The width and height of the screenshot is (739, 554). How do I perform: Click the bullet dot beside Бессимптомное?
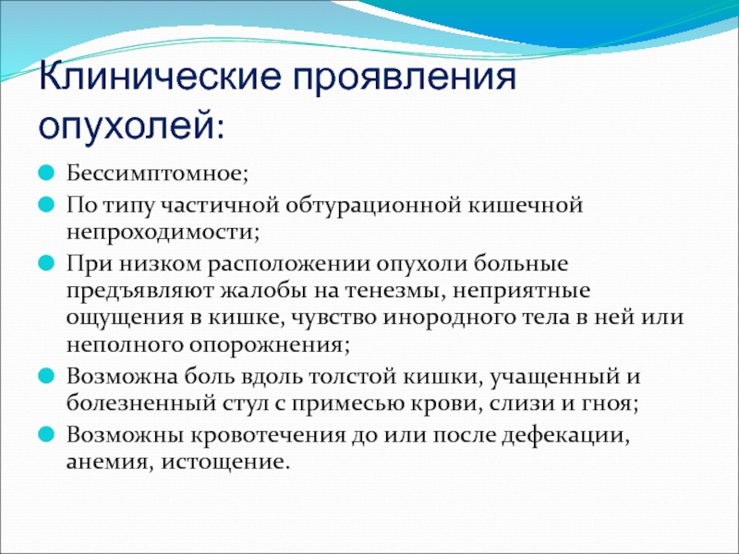[x=46, y=173]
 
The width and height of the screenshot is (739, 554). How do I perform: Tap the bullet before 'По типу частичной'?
[x=46, y=205]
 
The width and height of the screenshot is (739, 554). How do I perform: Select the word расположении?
[x=289, y=263]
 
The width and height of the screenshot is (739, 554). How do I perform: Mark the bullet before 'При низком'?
[x=46, y=263]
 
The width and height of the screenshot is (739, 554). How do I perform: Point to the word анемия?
[x=106, y=463]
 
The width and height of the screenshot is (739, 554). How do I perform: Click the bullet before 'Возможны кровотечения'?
[x=46, y=434]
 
